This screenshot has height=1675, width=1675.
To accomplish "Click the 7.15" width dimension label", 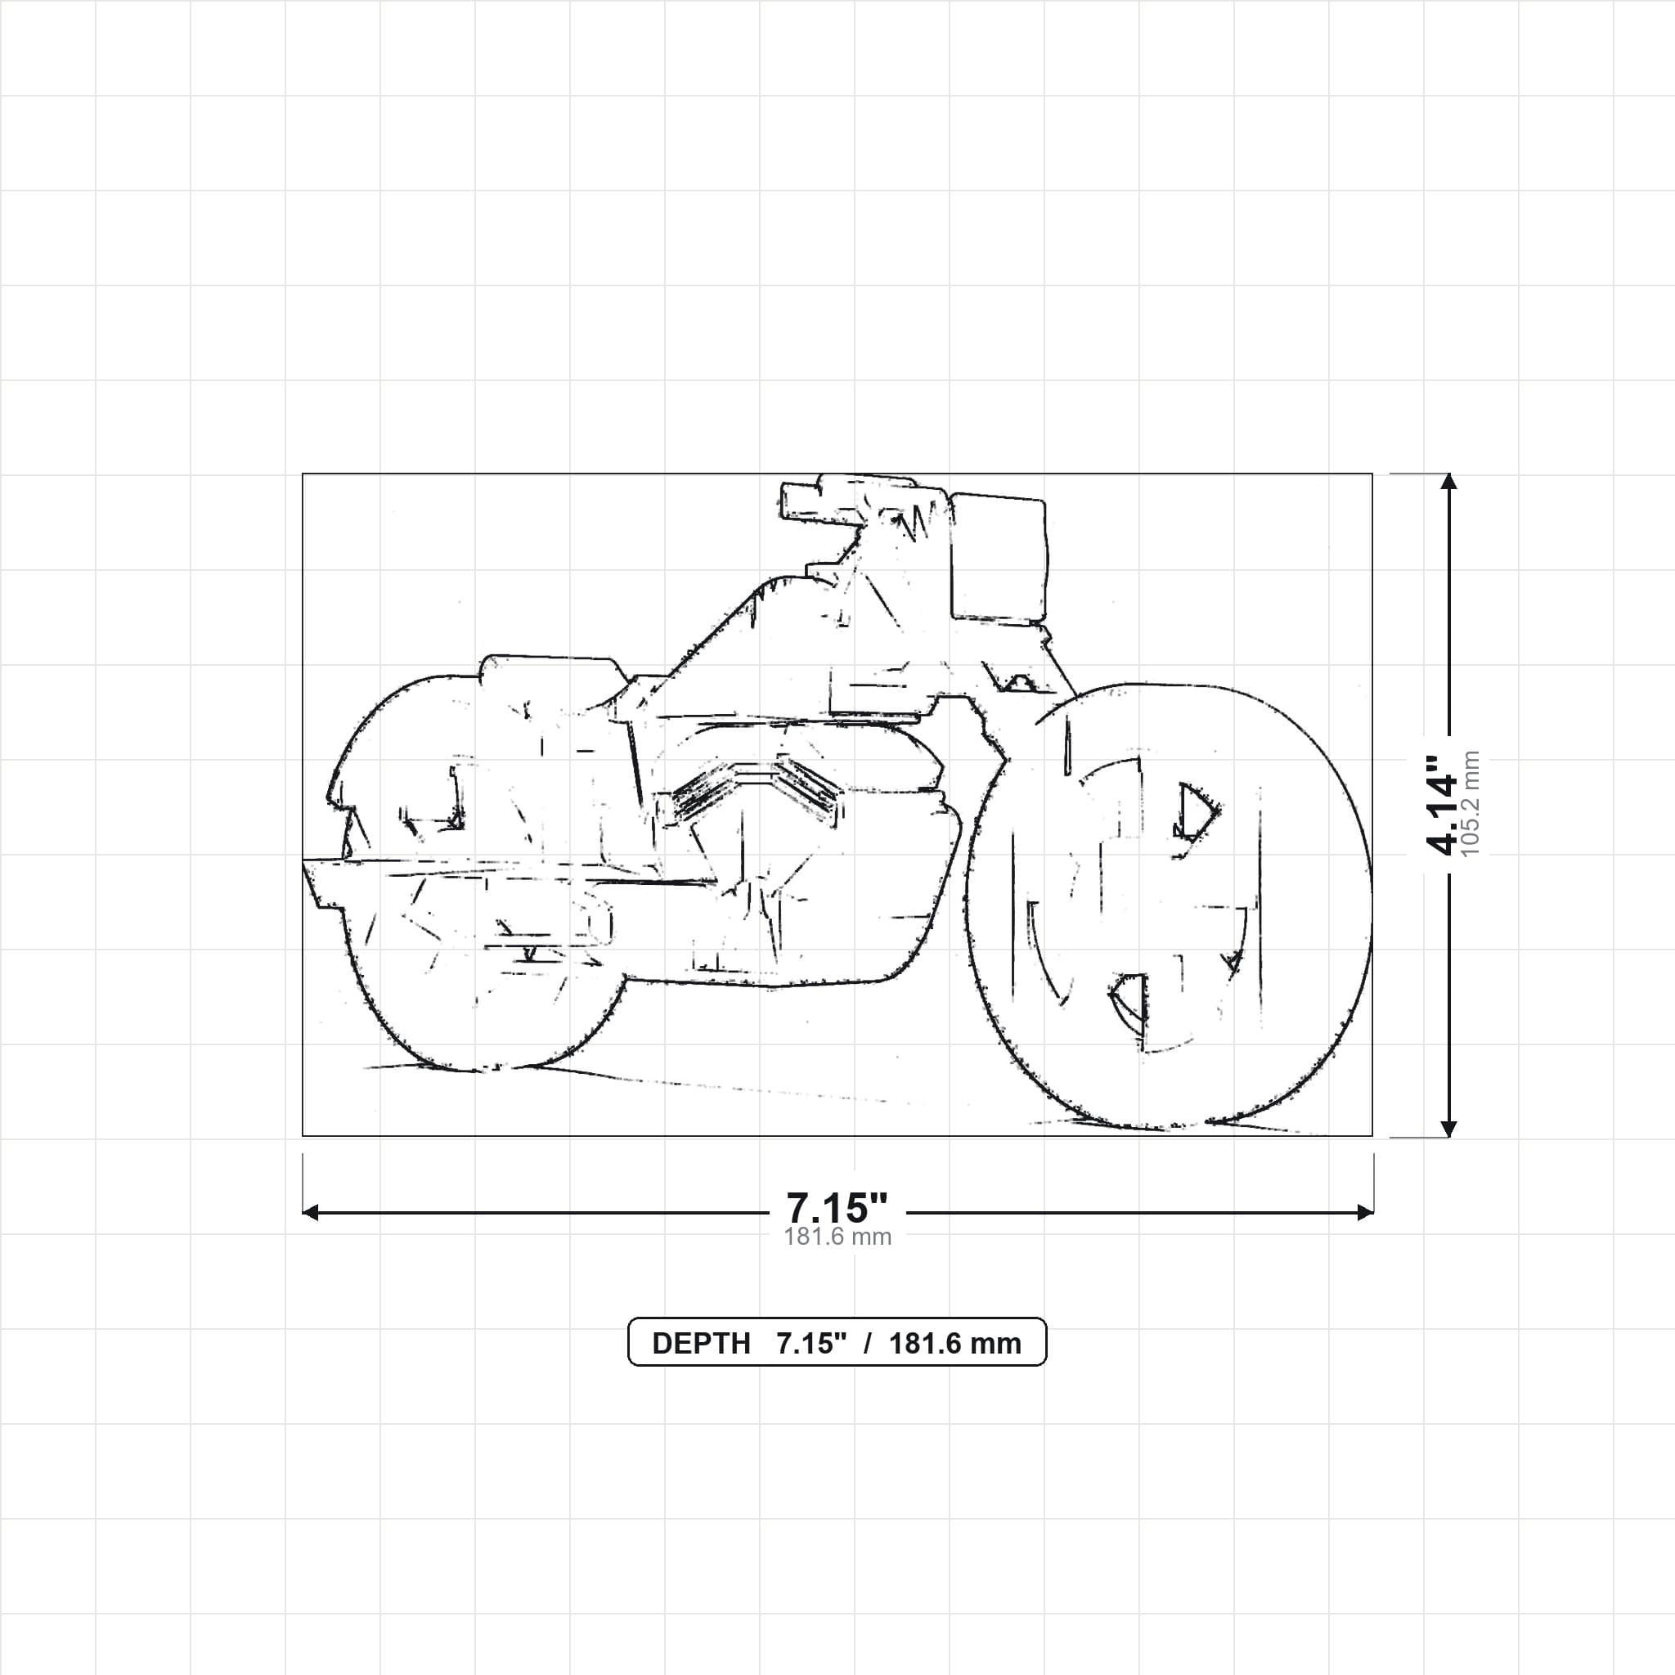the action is [x=837, y=1207].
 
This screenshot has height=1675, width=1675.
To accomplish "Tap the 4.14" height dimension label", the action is [x=1444, y=804].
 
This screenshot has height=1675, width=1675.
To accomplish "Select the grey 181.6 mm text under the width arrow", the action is [x=837, y=1237].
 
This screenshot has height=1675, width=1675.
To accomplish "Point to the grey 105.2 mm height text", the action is [x=1471, y=804].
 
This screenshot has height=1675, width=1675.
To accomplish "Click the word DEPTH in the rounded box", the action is [x=701, y=1343].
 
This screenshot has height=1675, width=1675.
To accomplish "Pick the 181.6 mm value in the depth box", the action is [x=954, y=1343].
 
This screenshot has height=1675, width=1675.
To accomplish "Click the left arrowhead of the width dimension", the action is [x=310, y=1212].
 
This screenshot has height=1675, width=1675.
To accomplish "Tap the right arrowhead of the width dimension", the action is [x=1365, y=1212].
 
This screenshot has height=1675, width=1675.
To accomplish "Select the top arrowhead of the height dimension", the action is [x=1448, y=481].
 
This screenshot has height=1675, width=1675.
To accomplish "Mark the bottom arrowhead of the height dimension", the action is [x=1448, y=1129].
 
